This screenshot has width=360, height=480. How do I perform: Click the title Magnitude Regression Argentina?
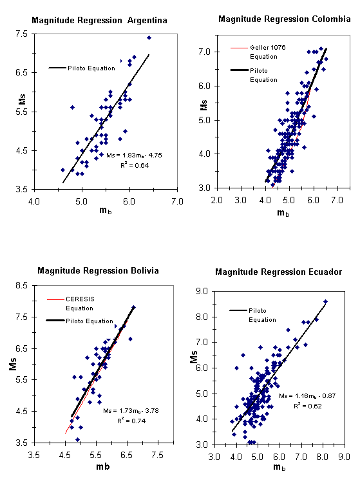[x=99, y=21]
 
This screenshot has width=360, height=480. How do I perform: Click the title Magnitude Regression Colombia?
[x=284, y=19]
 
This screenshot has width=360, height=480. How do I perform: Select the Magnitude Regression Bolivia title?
[x=98, y=270]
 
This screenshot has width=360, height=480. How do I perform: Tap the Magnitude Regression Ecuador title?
[x=278, y=272]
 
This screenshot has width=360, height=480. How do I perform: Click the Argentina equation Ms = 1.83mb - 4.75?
[x=134, y=155]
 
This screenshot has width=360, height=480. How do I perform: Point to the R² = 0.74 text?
[x=131, y=421]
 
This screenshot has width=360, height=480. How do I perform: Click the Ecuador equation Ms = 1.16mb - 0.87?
[x=307, y=396]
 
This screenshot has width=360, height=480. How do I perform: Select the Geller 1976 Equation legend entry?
[x=258, y=52]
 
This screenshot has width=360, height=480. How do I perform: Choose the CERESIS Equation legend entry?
[x=71, y=304]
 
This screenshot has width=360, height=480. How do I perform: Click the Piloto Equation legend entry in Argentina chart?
[x=82, y=68]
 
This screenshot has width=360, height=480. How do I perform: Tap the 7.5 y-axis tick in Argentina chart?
[x=21, y=34]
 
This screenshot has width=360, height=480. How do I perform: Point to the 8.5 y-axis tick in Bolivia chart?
[x=21, y=285]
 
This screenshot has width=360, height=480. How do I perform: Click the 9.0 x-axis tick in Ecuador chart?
[x=344, y=457]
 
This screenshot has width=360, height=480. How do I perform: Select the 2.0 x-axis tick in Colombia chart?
[x=217, y=200]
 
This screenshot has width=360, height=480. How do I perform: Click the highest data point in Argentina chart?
[x=149, y=37]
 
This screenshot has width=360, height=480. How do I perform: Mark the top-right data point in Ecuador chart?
[x=325, y=301]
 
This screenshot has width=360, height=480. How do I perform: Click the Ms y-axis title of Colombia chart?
[x=204, y=105]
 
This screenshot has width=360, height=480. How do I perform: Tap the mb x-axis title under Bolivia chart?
[x=103, y=466]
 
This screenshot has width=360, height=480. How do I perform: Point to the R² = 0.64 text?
[x=135, y=165]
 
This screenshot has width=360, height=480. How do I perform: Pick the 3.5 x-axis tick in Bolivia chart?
[x=34, y=455]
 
